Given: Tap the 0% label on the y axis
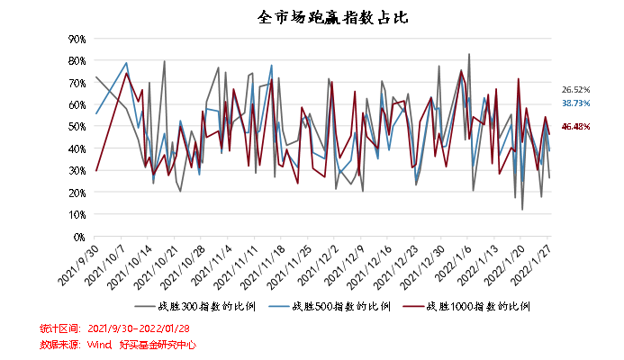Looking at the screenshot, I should pos(79,237).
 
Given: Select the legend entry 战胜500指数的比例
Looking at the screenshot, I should pos(341,307).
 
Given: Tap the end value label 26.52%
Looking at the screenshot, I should pos(576,90).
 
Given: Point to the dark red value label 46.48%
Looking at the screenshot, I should pos(576,126).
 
